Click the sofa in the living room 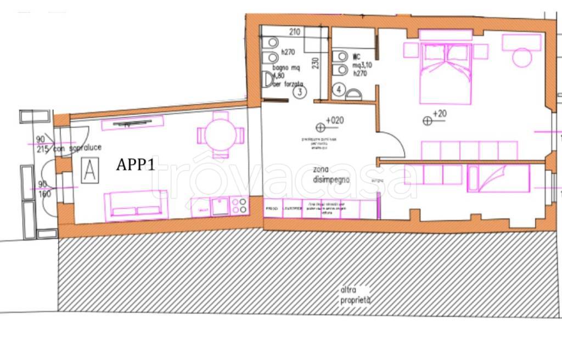[136, 204]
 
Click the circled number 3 [299, 92]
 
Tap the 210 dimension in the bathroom [294, 32]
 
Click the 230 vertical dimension [315, 65]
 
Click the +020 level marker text [334, 120]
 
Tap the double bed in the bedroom [445, 73]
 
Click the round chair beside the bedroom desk [522, 58]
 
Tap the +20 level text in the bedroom [440, 114]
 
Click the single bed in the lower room [498, 179]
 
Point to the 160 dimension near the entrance [43, 193]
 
